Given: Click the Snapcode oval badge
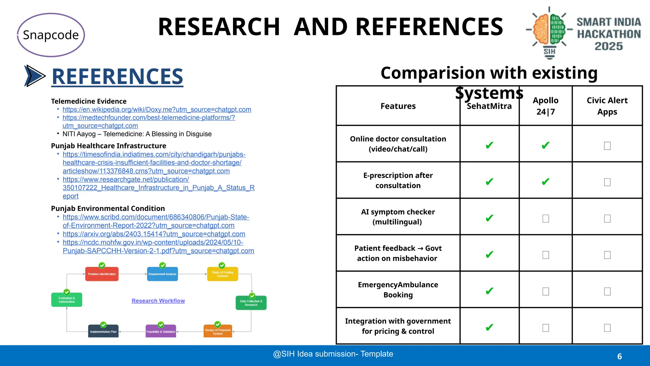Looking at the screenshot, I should click(51, 35).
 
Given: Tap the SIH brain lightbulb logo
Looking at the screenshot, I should click(549, 32).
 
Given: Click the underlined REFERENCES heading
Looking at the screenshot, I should click(117, 77).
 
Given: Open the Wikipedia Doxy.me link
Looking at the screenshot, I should click(157, 110).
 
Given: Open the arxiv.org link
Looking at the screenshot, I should click(154, 234).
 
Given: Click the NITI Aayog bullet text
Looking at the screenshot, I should click(137, 134).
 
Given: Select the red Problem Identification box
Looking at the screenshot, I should click(102, 274).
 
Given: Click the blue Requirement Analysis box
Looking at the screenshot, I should click(162, 274).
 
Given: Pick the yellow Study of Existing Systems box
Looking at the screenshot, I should click(222, 274).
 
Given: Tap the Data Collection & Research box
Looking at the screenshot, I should click(251, 303).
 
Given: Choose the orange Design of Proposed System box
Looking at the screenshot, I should click(218, 331).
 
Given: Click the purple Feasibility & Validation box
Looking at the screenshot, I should click(161, 331).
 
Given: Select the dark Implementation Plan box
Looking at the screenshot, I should click(103, 331).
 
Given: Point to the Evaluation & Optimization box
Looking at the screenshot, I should click(67, 300).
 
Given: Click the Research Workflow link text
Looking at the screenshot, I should click(158, 301).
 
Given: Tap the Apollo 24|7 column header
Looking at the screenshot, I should click(546, 106).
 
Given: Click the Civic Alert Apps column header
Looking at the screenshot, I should click(607, 106).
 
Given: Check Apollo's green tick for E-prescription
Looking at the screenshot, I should click(546, 182).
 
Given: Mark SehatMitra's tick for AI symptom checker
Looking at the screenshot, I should click(489, 218).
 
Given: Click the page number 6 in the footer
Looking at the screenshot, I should click(620, 356).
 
